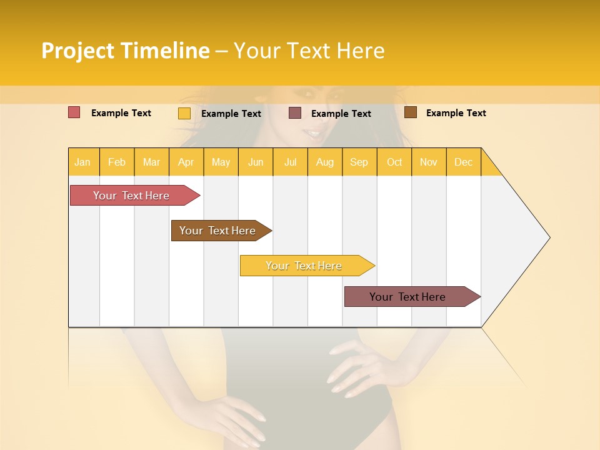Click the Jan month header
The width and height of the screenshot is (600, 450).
[82, 162]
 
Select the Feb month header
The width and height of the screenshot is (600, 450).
[117, 162]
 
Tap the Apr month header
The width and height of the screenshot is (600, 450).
[186, 162]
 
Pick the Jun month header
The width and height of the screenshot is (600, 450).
[256, 162]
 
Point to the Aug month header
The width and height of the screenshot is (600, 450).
[324, 162]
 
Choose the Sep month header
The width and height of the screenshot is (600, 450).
[359, 162]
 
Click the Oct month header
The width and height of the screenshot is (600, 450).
[394, 162]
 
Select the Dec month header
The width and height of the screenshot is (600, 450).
[463, 162]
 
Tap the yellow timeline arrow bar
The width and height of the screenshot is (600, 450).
[304, 266]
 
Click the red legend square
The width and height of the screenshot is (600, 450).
[74, 112]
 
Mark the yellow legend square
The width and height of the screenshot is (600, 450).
[184, 113]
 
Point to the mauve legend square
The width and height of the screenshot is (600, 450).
[295, 113]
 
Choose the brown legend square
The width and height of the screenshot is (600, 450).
[411, 112]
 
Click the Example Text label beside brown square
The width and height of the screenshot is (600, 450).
[456, 113]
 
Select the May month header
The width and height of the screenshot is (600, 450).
[221, 162]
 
